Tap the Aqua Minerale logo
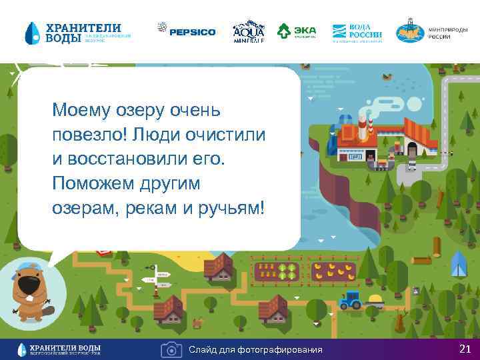[249, 31]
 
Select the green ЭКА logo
[297, 31]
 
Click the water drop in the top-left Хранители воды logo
[33, 32]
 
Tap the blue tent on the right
[458, 265]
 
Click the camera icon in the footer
[171, 349]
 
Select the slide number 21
[465, 349]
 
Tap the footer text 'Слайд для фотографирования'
[255, 350]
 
